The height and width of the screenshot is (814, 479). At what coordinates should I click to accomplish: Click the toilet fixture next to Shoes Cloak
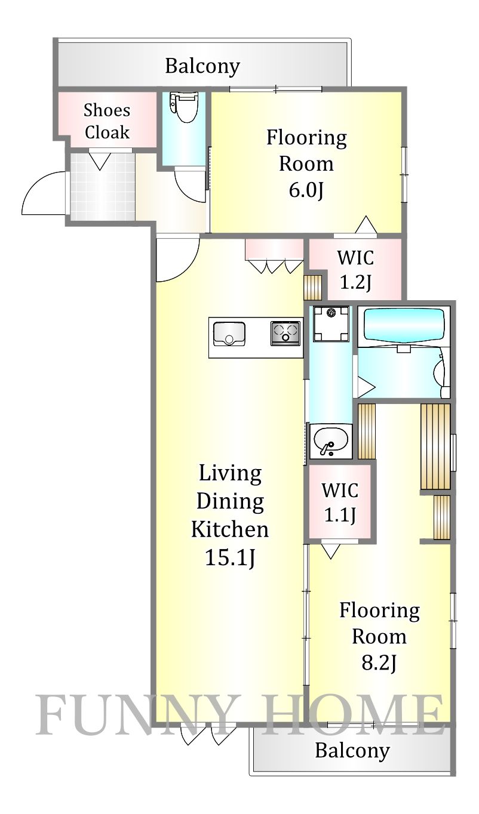[184, 107]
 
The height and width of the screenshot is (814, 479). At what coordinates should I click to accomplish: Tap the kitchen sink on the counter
[229, 334]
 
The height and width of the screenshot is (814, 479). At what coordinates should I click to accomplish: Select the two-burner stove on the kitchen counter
[285, 333]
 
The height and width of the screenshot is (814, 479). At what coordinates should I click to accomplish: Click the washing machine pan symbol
[331, 323]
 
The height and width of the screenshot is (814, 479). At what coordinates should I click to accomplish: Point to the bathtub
[404, 324]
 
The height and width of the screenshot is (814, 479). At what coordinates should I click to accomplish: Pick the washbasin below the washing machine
[331, 441]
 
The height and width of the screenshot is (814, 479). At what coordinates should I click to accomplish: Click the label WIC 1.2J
[355, 270]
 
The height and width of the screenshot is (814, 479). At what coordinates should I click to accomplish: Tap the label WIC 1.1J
[340, 502]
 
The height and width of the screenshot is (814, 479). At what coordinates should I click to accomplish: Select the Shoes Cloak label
[107, 121]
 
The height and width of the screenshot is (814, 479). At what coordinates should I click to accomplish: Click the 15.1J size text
[230, 557]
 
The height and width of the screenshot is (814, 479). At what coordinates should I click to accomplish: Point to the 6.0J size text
[306, 190]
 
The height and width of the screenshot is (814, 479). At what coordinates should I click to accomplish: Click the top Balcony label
[202, 66]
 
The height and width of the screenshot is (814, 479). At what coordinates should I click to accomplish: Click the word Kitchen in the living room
[230, 529]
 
